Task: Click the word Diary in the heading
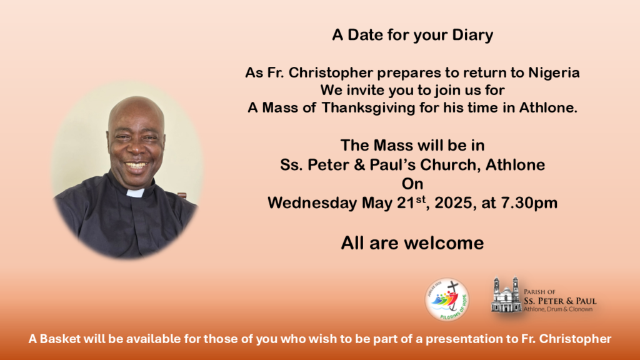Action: tap(472, 36)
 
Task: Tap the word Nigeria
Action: tap(554, 72)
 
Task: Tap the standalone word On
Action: tap(412, 184)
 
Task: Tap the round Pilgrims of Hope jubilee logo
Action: tap(447, 300)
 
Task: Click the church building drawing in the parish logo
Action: tap(506, 295)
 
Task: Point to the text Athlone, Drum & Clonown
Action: tap(558, 309)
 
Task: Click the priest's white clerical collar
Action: tap(135, 193)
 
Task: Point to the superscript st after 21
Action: tap(421, 199)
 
